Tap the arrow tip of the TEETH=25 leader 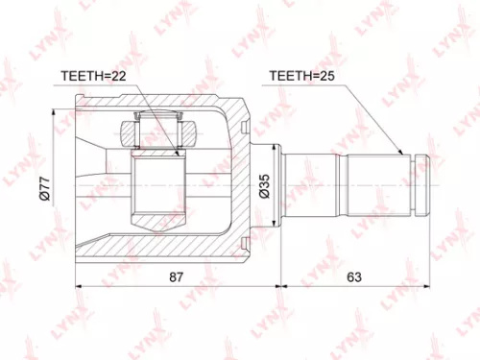[x=402, y=155]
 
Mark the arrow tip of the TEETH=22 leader [x=178, y=155]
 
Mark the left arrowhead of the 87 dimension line [x=78, y=286]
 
